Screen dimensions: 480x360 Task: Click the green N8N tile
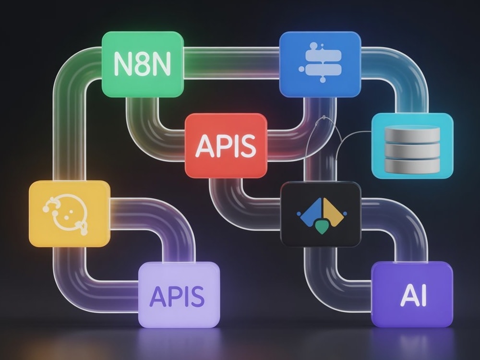(x=143, y=64)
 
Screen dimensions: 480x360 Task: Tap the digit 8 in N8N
(x=143, y=64)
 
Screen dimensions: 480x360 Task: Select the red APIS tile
(x=226, y=145)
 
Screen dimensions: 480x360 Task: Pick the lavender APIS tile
(x=179, y=295)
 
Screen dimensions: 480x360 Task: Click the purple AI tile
(x=412, y=294)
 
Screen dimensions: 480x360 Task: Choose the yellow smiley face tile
(x=70, y=214)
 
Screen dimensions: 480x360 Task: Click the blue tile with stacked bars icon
(x=320, y=64)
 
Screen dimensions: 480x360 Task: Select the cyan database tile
(x=412, y=146)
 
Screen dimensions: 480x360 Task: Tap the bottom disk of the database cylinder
(x=412, y=166)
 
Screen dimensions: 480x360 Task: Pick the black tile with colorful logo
(x=321, y=214)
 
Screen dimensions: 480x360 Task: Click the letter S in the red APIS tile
(x=248, y=146)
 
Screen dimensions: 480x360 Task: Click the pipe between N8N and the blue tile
(x=232, y=63)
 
